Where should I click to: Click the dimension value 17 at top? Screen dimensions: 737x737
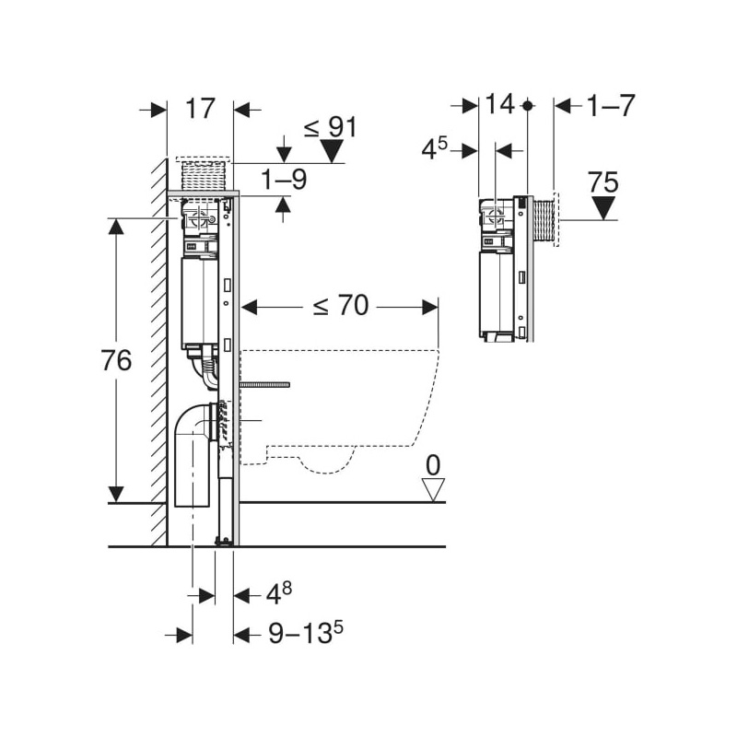coord(200,109)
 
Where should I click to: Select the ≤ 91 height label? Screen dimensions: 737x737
coord(331,127)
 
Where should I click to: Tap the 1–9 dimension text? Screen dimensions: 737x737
coord(284,179)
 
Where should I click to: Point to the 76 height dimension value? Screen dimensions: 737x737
coord(116,360)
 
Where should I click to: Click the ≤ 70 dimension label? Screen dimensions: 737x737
coord(341,306)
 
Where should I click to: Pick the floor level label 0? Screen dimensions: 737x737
coord(433,466)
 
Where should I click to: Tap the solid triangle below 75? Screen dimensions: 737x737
coord(603,208)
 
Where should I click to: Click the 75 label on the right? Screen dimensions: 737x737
coord(603,181)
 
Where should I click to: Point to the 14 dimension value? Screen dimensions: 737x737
coord(499,104)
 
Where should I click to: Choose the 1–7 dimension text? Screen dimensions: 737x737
coord(611,106)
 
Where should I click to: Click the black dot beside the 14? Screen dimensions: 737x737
coord(527,106)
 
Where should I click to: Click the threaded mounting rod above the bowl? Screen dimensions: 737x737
coord(264,385)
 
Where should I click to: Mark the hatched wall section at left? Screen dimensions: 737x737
coord(158,353)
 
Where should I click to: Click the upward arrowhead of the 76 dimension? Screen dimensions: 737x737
coord(116,227)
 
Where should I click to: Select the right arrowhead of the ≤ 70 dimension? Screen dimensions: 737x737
coord(430,308)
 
